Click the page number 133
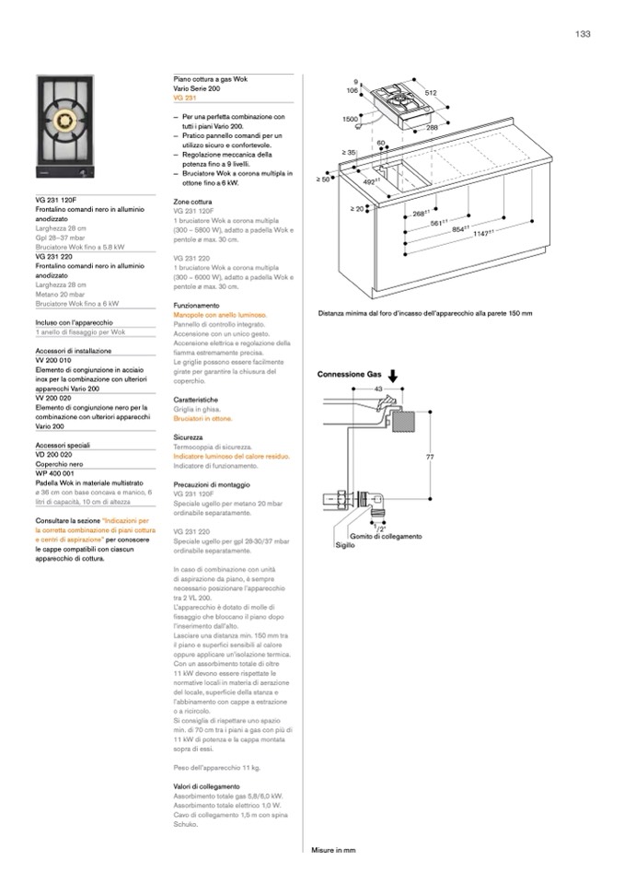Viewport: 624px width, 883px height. coord(582,34)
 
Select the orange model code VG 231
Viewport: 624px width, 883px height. coord(185,97)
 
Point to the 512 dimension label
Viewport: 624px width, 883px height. coord(456,93)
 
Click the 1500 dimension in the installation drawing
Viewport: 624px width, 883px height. coord(350,120)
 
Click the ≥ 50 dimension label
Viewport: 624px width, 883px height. coord(323,179)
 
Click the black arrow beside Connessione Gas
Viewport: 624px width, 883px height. coord(392,375)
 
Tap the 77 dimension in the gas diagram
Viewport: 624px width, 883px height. coord(429,458)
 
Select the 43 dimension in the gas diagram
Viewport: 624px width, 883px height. coord(378,389)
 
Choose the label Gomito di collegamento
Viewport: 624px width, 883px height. coord(386,536)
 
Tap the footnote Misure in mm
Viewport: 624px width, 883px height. coord(333,851)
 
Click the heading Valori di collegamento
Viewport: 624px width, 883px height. coord(207,785)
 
